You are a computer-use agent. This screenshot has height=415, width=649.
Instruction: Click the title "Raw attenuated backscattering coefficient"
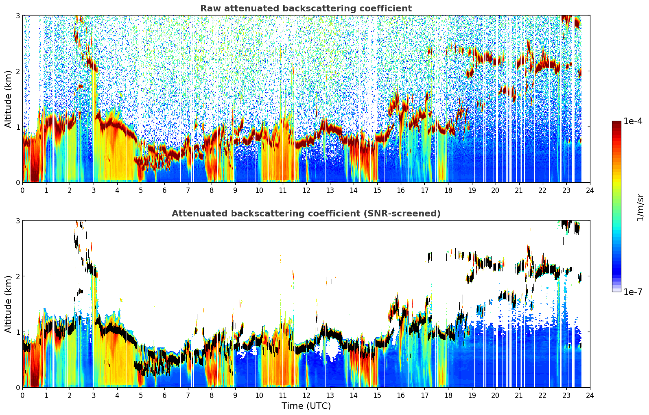[x=306, y=9]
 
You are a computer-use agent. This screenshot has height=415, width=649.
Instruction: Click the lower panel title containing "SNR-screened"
[x=306, y=214]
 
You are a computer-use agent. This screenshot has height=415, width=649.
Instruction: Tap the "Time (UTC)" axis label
[x=306, y=406]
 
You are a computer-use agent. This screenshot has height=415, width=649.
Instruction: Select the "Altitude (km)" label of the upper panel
[x=8, y=99]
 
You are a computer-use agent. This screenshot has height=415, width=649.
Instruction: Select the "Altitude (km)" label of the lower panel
[x=8, y=304]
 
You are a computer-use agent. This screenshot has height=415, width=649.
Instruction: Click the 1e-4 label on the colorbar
[x=633, y=121]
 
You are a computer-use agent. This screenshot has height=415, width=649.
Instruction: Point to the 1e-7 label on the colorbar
[x=633, y=292]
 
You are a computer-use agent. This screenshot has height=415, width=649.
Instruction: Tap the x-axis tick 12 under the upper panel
[x=306, y=190]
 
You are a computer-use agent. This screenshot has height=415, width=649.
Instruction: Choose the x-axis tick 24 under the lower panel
[x=590, y=395]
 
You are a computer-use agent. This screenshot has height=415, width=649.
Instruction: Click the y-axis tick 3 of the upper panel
[x=17, y=15]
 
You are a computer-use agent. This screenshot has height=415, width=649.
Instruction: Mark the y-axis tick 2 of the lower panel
[x=17, y=276]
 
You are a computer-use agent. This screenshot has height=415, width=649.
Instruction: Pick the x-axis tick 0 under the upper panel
[x=23, y=190]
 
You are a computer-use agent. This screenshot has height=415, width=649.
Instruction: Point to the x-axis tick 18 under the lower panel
[x=448, y=395]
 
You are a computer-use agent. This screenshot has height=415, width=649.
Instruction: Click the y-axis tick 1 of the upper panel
[x=17, y=127]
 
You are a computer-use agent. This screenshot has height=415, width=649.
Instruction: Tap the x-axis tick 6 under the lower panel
[x=164, y=395]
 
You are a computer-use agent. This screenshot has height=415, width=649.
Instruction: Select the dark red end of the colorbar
[x=616, y=123]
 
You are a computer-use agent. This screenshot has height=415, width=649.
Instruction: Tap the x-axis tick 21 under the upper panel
[x=519, y=190]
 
